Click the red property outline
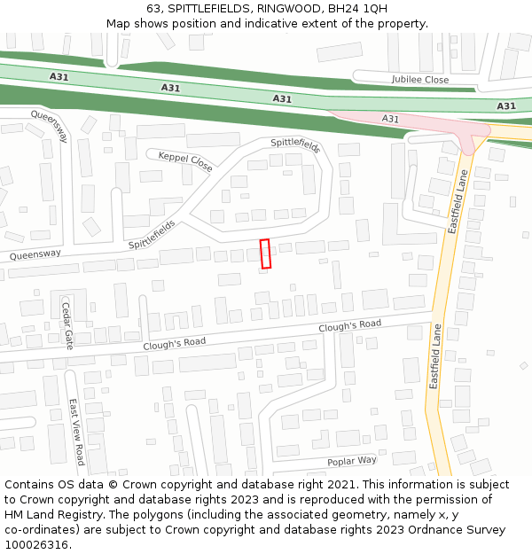pos(265,254)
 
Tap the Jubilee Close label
pos(420,80)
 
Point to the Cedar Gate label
pos(66,325)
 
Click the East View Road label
pos(77,432)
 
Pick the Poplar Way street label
pos(352,461)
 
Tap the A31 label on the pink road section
pos(390,118)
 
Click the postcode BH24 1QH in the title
pos(357,9)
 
